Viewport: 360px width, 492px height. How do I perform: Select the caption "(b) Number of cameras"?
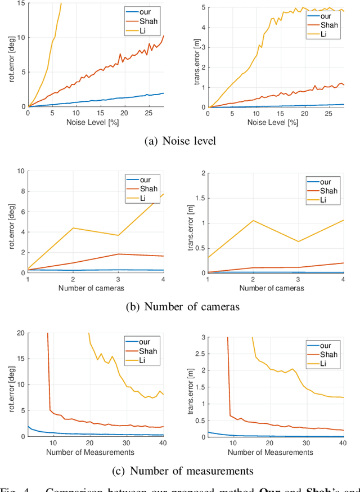180,307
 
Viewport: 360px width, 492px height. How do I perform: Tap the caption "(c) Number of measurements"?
180,471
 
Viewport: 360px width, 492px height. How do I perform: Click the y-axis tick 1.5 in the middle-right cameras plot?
200,198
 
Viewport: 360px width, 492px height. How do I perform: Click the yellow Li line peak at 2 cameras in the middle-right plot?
253,220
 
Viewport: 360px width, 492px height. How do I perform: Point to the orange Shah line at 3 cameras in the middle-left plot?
118,254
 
